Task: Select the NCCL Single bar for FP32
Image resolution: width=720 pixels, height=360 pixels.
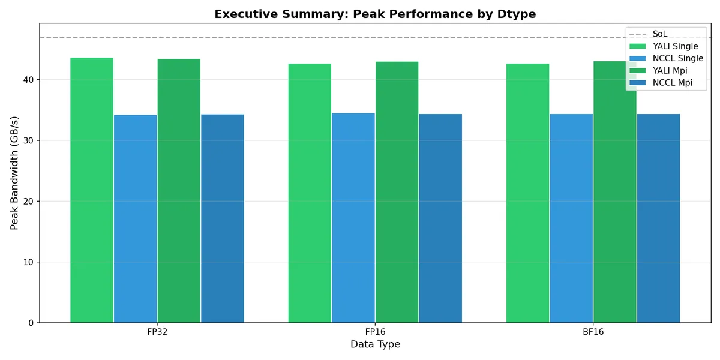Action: tap(135, 218)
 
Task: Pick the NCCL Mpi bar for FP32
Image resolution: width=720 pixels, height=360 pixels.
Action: tap(223, 218)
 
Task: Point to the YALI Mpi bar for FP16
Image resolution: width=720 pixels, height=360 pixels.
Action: tap(397, 192)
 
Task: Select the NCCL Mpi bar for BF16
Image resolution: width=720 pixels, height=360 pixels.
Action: tap(658, 218)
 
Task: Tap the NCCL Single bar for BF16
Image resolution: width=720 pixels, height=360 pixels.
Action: tap(571, 218)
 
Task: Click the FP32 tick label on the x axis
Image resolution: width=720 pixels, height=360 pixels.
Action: tap(157, 332)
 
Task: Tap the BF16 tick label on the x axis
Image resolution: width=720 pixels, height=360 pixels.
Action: tap(593, 332)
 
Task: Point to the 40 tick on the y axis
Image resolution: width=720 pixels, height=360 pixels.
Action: tap(29, 80)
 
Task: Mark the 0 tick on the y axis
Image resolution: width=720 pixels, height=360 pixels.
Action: tap(31, 323)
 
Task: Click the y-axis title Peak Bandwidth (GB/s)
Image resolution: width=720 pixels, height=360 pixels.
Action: tap(14, 173)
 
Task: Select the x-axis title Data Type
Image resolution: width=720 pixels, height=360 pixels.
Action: tap(375, 344)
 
